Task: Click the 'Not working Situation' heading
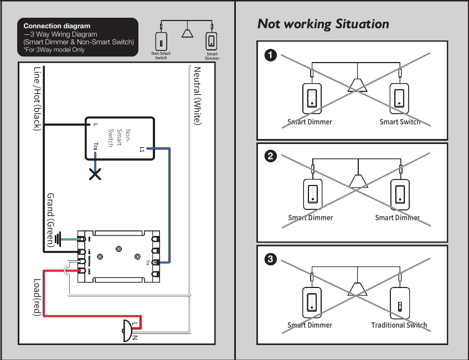click(323, 24)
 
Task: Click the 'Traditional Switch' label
click(399, 325)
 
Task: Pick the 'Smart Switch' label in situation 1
click(400, 122)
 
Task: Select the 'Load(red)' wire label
click(37, 297)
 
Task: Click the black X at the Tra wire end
click(95, 175)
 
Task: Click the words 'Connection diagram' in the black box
click(56, 26)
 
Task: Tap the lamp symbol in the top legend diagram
click(188, 33)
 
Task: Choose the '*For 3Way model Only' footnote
click(54, 50)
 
